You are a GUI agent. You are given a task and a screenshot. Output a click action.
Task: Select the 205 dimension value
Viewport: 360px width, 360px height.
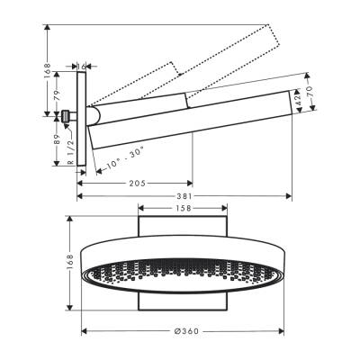click(x=136, y=184)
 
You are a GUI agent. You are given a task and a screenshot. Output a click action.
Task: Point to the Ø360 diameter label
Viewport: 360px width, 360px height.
click(x=184, y=331)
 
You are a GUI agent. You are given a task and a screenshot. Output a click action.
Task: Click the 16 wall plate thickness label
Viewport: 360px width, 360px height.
click(x=83, y=66)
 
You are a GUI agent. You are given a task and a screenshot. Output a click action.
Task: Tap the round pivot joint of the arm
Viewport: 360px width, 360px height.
click(x=93, y=116)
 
